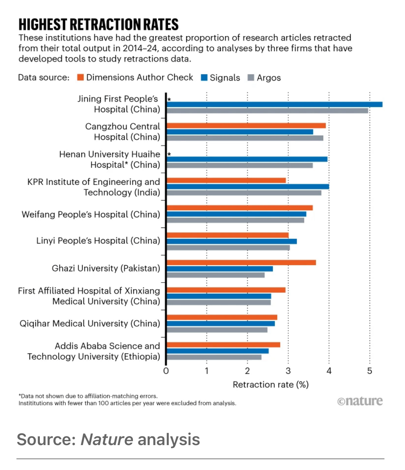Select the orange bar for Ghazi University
tap(241, 262)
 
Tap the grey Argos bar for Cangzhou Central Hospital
tap(245, 138)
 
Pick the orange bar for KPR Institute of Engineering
tap(226, 180)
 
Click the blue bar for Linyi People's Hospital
tap(232, 241)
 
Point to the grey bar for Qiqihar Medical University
tap(217, 330)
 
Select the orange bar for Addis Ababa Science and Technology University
tap(223, 345)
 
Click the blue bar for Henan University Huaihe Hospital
tap(247, 159)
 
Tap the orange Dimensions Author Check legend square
tap(81, 77)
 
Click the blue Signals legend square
tap(204, 77)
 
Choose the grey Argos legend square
tap(251, 77)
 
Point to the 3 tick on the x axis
tap(288, 371)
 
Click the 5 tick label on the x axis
tap(369, 371)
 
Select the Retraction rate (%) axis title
tap(270, 385)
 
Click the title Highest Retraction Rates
tap(99, 25)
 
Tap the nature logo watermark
tap(360, 401)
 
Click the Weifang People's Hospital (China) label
tap(91, 214)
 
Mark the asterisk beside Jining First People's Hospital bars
tap(169, 100)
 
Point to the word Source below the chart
tap(46, 440)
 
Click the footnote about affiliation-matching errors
tap(88, 396)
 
